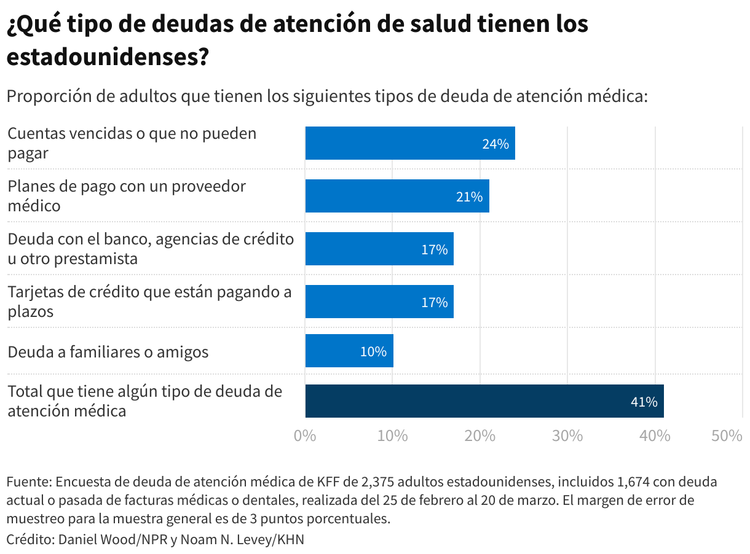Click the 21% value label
(469, 197)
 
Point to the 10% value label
(373, 352)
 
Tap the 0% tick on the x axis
(305, 436)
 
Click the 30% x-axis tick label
(567, 436)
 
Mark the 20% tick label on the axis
(480, 436)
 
